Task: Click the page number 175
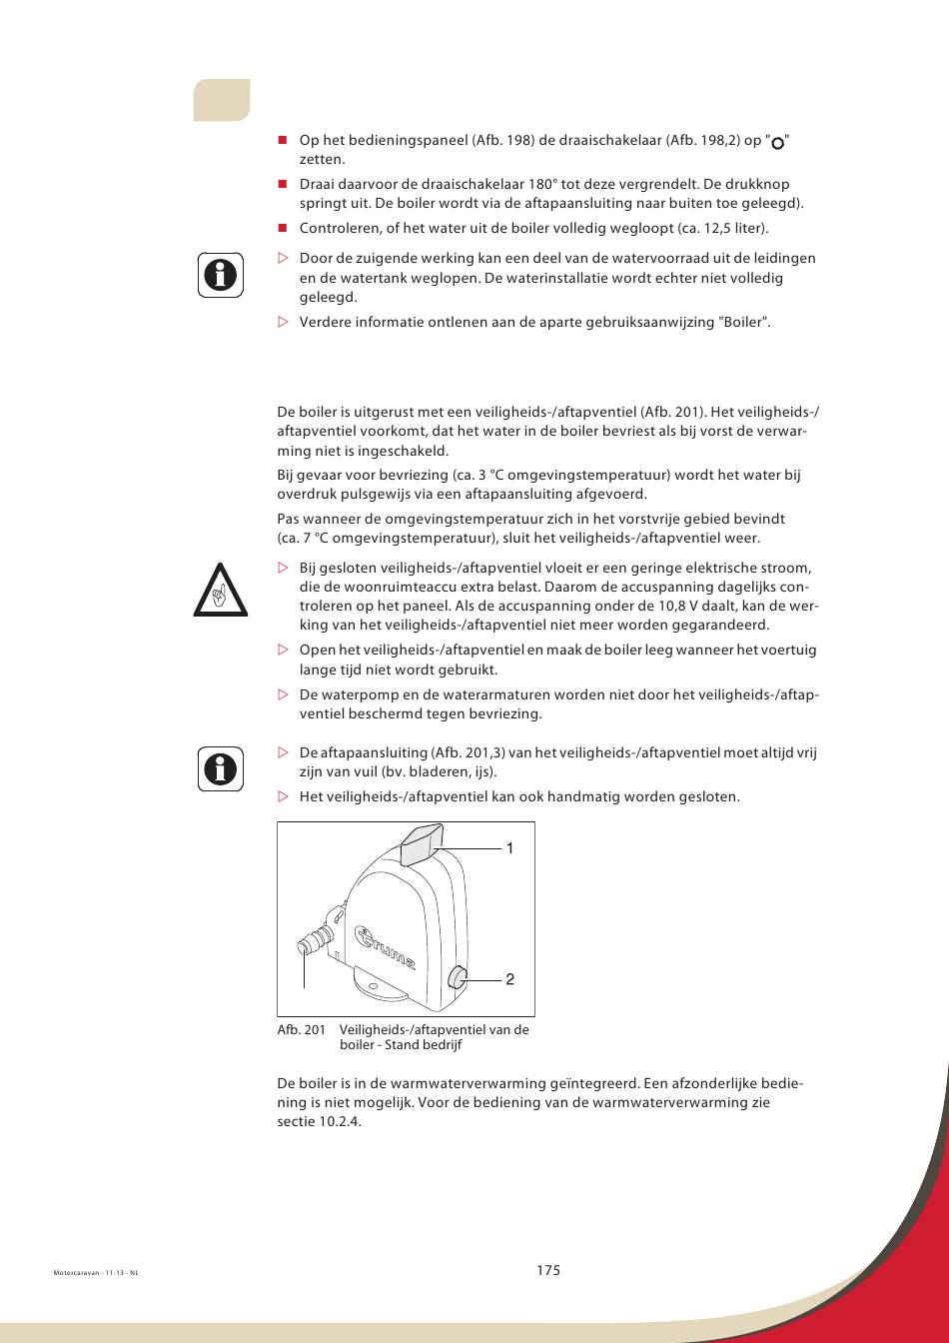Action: (547, 1270)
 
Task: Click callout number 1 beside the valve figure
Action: (508, 848)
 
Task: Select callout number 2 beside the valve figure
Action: (508, 979)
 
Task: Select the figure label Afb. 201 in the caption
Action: (302, 1030)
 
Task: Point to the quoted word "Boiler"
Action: (744, 322)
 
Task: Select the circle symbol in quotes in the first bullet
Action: (778, 143)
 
